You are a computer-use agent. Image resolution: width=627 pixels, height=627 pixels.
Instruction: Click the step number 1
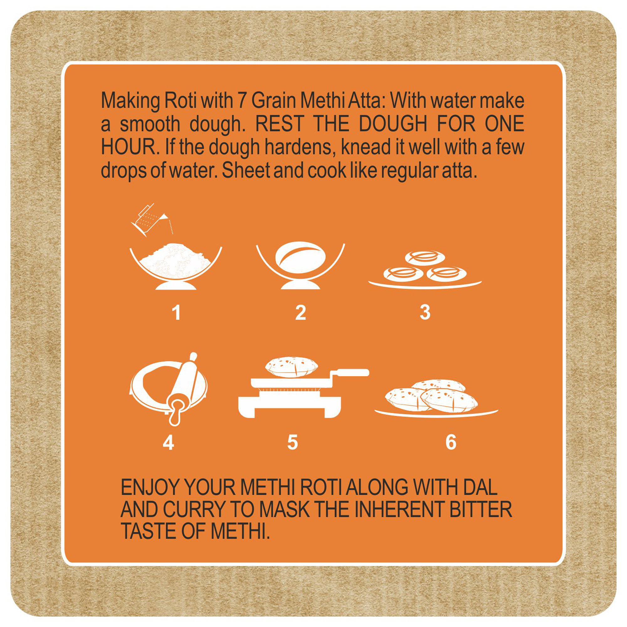point(176,313)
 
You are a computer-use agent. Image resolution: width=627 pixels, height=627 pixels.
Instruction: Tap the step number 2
point(301,313)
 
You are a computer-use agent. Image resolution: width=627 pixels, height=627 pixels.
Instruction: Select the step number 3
point(425,312)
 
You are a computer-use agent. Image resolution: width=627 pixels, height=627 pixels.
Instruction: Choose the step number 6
point(451,442)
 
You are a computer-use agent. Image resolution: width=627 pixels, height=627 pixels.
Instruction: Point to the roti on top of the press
point(292,367)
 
